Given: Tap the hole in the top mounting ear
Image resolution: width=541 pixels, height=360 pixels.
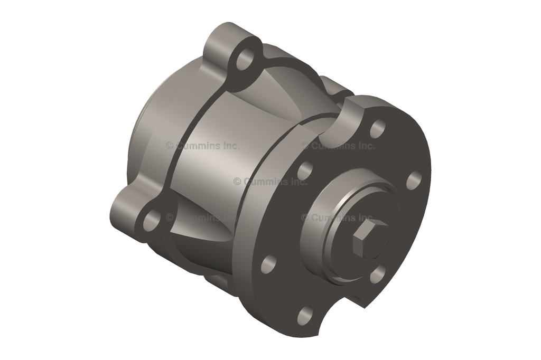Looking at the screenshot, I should point(245,60).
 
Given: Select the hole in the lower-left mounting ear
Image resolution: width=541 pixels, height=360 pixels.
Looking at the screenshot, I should point(151,221).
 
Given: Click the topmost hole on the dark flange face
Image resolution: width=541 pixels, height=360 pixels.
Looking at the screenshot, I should point(377,128).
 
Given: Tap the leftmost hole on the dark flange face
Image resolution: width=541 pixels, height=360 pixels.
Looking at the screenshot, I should point(268,263).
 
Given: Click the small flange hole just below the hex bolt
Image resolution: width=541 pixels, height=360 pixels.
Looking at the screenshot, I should point(377,275).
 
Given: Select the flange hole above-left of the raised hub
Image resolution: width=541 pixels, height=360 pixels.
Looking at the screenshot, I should point(305,171).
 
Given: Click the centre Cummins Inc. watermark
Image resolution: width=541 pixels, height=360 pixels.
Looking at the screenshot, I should point(270,182).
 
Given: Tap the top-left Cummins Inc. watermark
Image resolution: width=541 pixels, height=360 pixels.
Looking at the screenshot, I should point(202,146).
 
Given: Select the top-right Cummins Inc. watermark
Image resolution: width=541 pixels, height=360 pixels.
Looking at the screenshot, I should point(338,146).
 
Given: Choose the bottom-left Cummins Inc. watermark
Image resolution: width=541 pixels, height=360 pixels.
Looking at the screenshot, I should point(202,217).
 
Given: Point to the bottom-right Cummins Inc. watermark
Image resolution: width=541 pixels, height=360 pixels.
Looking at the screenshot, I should point(338,217).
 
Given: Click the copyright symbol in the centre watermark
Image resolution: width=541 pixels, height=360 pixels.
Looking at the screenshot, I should point(237,182).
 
